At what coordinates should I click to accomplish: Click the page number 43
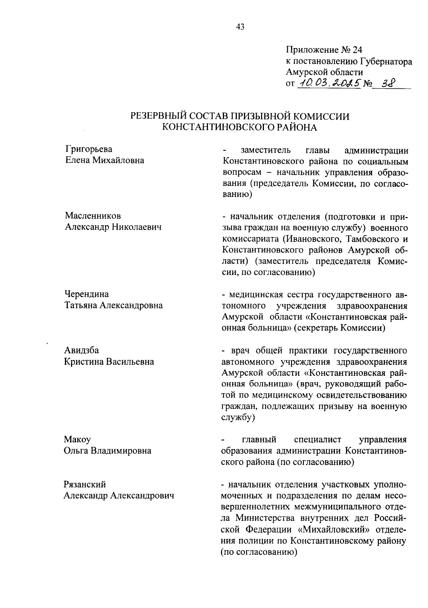click(x=240, y=27)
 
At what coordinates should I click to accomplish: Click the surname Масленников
click(x=93, y=216)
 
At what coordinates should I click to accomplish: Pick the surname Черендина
click(x=87, y=294)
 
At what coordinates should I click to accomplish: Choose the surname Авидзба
click(x=82, y=350)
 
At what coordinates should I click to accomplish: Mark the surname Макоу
click(x=77, y=440)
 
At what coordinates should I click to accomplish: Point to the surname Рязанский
click(x=85, y=484)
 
